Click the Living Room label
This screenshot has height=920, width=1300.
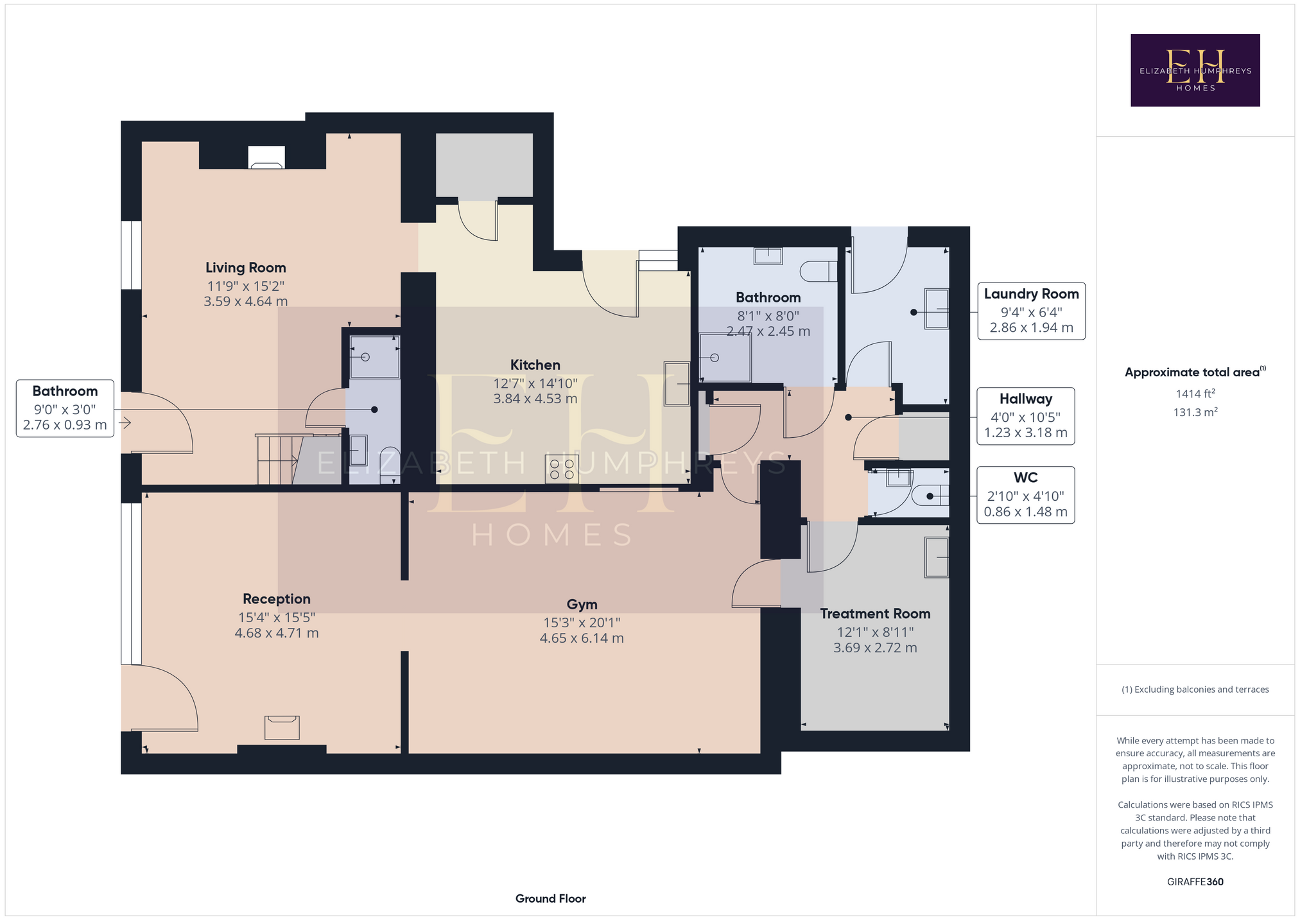[x=246, y=268]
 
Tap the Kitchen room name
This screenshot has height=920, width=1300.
[x=535, y=365]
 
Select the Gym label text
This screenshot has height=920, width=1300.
[x=582, y=605]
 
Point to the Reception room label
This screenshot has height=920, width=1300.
[x=277, y=599]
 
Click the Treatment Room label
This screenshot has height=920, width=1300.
[x=875, y=614]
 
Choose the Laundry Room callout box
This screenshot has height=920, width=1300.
[x=1031, y=311]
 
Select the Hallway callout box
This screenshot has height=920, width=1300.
[x=1026, y=416]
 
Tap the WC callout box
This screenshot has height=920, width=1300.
[x=1026, y=495]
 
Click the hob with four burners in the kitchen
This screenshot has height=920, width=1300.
[x=561, y=469]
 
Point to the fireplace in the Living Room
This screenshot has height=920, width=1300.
[x=266, y=157]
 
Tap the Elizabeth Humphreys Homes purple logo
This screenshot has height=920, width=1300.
[x=1195, y=70]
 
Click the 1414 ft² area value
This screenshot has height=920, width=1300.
[x=1195, y=394]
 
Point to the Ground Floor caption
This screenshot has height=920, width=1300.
[x=551, y=899]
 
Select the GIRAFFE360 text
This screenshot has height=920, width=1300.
[x=1195, y=882]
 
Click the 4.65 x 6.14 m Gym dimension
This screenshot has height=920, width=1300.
[x=582, y=638]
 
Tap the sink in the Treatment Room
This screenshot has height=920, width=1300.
[x=937, y=557]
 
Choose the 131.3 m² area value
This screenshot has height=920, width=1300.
[x=1195, y=412]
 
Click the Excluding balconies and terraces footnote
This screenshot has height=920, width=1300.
[x=1195, y=690]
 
